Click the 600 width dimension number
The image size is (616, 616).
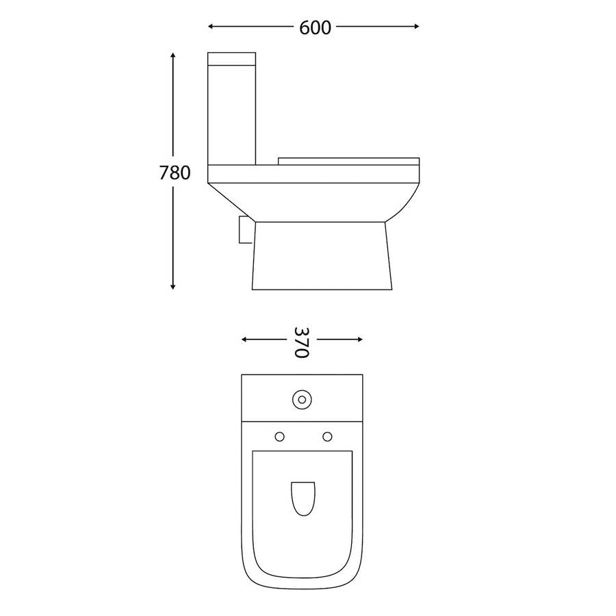(315, 27)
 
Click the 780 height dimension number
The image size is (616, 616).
(175, 173)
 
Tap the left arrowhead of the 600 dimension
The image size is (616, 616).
(211, 27)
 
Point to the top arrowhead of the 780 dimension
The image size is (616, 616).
(174, 55)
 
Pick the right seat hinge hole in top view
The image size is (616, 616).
(326, 436)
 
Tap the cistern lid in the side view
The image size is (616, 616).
(231, 57)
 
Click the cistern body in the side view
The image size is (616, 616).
(231, 113)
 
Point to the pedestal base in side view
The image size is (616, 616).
(322, 257)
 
